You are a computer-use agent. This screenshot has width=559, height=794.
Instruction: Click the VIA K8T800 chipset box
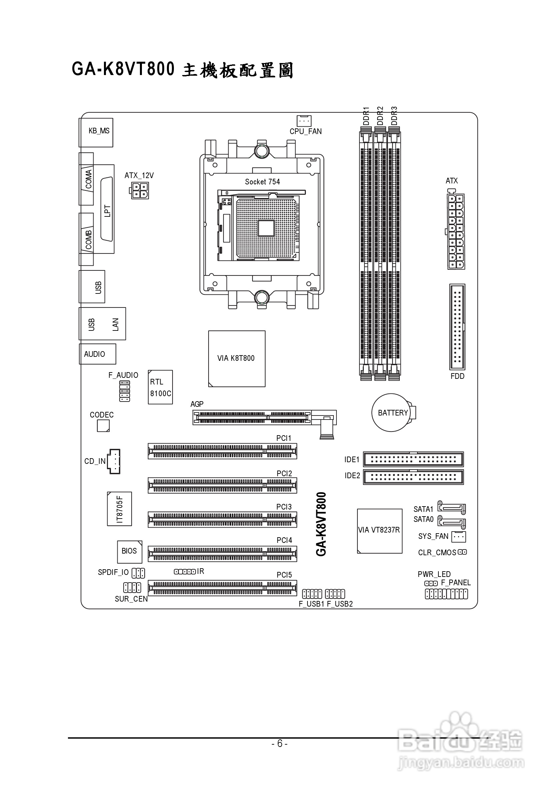coord(237,358)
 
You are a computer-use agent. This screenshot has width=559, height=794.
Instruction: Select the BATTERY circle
coord(391,413)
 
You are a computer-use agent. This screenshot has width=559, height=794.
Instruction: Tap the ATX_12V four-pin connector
coord(140,190)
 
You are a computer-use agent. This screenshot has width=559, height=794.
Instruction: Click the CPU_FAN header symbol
coord(304,121)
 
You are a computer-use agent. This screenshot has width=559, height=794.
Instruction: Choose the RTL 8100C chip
coord(160,387)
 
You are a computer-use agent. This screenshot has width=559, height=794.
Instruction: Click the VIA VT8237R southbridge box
coord(379,531)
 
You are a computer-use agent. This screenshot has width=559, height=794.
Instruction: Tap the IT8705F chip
coord(119,509)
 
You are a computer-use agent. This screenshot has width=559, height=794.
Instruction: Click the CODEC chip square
coord(103,426)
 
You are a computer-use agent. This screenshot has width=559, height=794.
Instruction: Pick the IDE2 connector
coord(413,477)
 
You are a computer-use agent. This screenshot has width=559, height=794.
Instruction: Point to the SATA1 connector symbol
coord(451,507)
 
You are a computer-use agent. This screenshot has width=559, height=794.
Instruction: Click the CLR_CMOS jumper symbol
coord(462,552)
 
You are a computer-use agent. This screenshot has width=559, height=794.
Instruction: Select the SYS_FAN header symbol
coord(458,537)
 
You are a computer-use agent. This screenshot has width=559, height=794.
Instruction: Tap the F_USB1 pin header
coord(311,594)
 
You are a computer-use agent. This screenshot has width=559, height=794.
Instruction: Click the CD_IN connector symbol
coord(114,461)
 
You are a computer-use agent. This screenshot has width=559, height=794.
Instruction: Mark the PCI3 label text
coord(283,507)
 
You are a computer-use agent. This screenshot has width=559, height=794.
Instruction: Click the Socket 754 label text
coord(262,182)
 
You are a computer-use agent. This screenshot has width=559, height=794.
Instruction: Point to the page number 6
coord(279,743)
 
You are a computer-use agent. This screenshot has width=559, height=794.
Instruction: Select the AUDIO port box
coord(97,354)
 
